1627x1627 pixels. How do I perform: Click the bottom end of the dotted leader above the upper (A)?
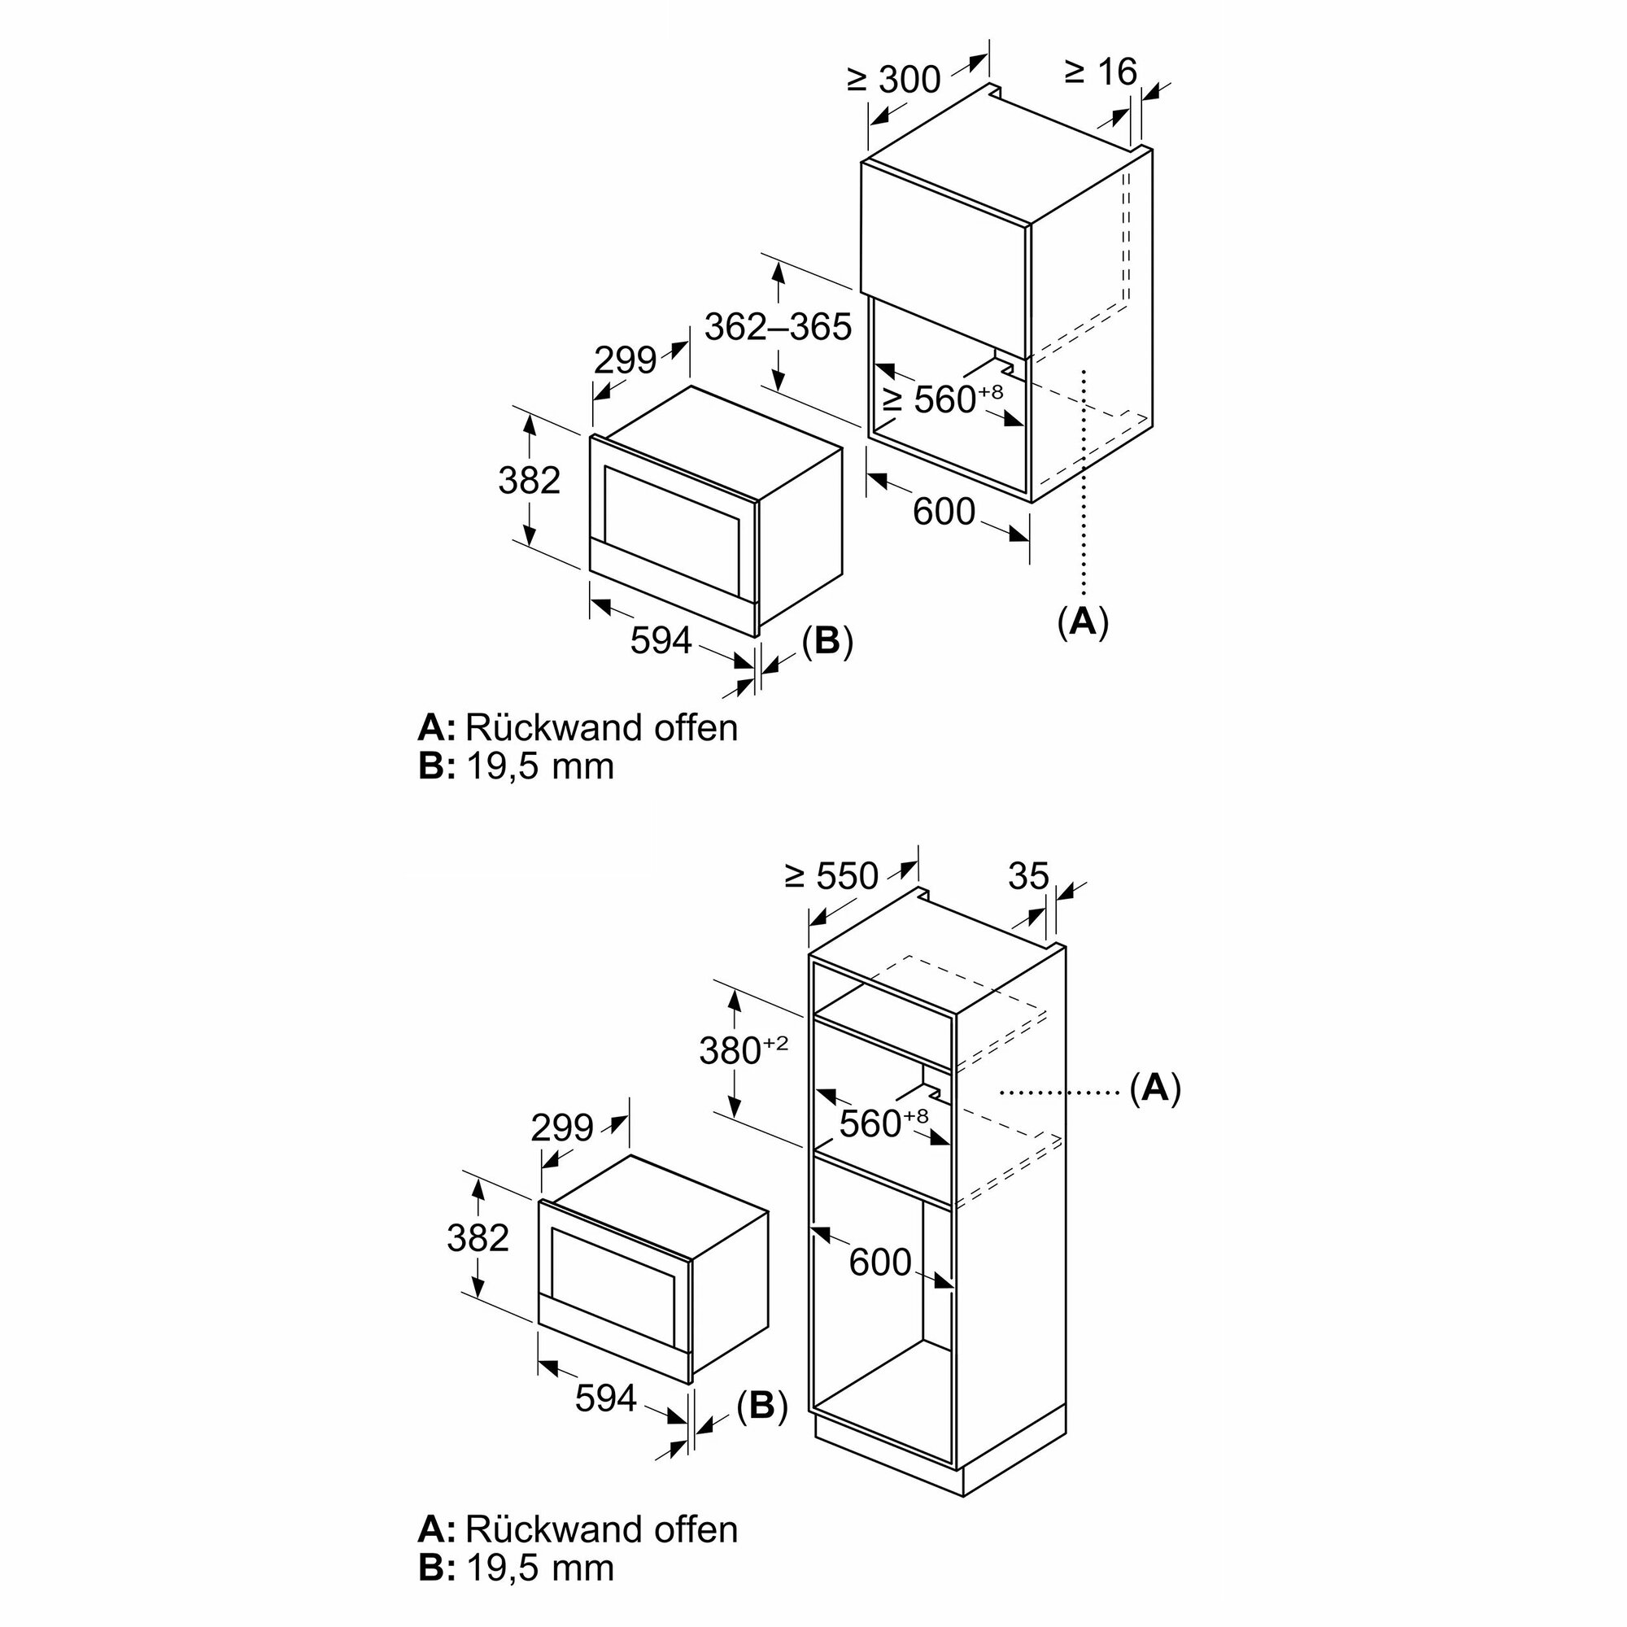pos(1085,599)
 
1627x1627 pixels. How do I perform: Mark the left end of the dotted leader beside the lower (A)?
pos(1001,1093)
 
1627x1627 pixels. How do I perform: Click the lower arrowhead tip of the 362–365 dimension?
pos(780,390)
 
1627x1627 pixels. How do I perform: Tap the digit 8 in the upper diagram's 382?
pos(529,481)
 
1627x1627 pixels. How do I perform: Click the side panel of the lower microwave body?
pos(729,1280)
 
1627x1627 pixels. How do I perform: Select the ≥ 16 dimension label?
pos(1101,72)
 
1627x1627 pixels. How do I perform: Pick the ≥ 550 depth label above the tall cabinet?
pos(832,878)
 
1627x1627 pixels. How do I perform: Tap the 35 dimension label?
pos(1028,877)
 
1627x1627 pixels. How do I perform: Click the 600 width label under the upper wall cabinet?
pos(944,512)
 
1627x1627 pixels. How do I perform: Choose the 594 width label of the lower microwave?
pos(605,1398)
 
